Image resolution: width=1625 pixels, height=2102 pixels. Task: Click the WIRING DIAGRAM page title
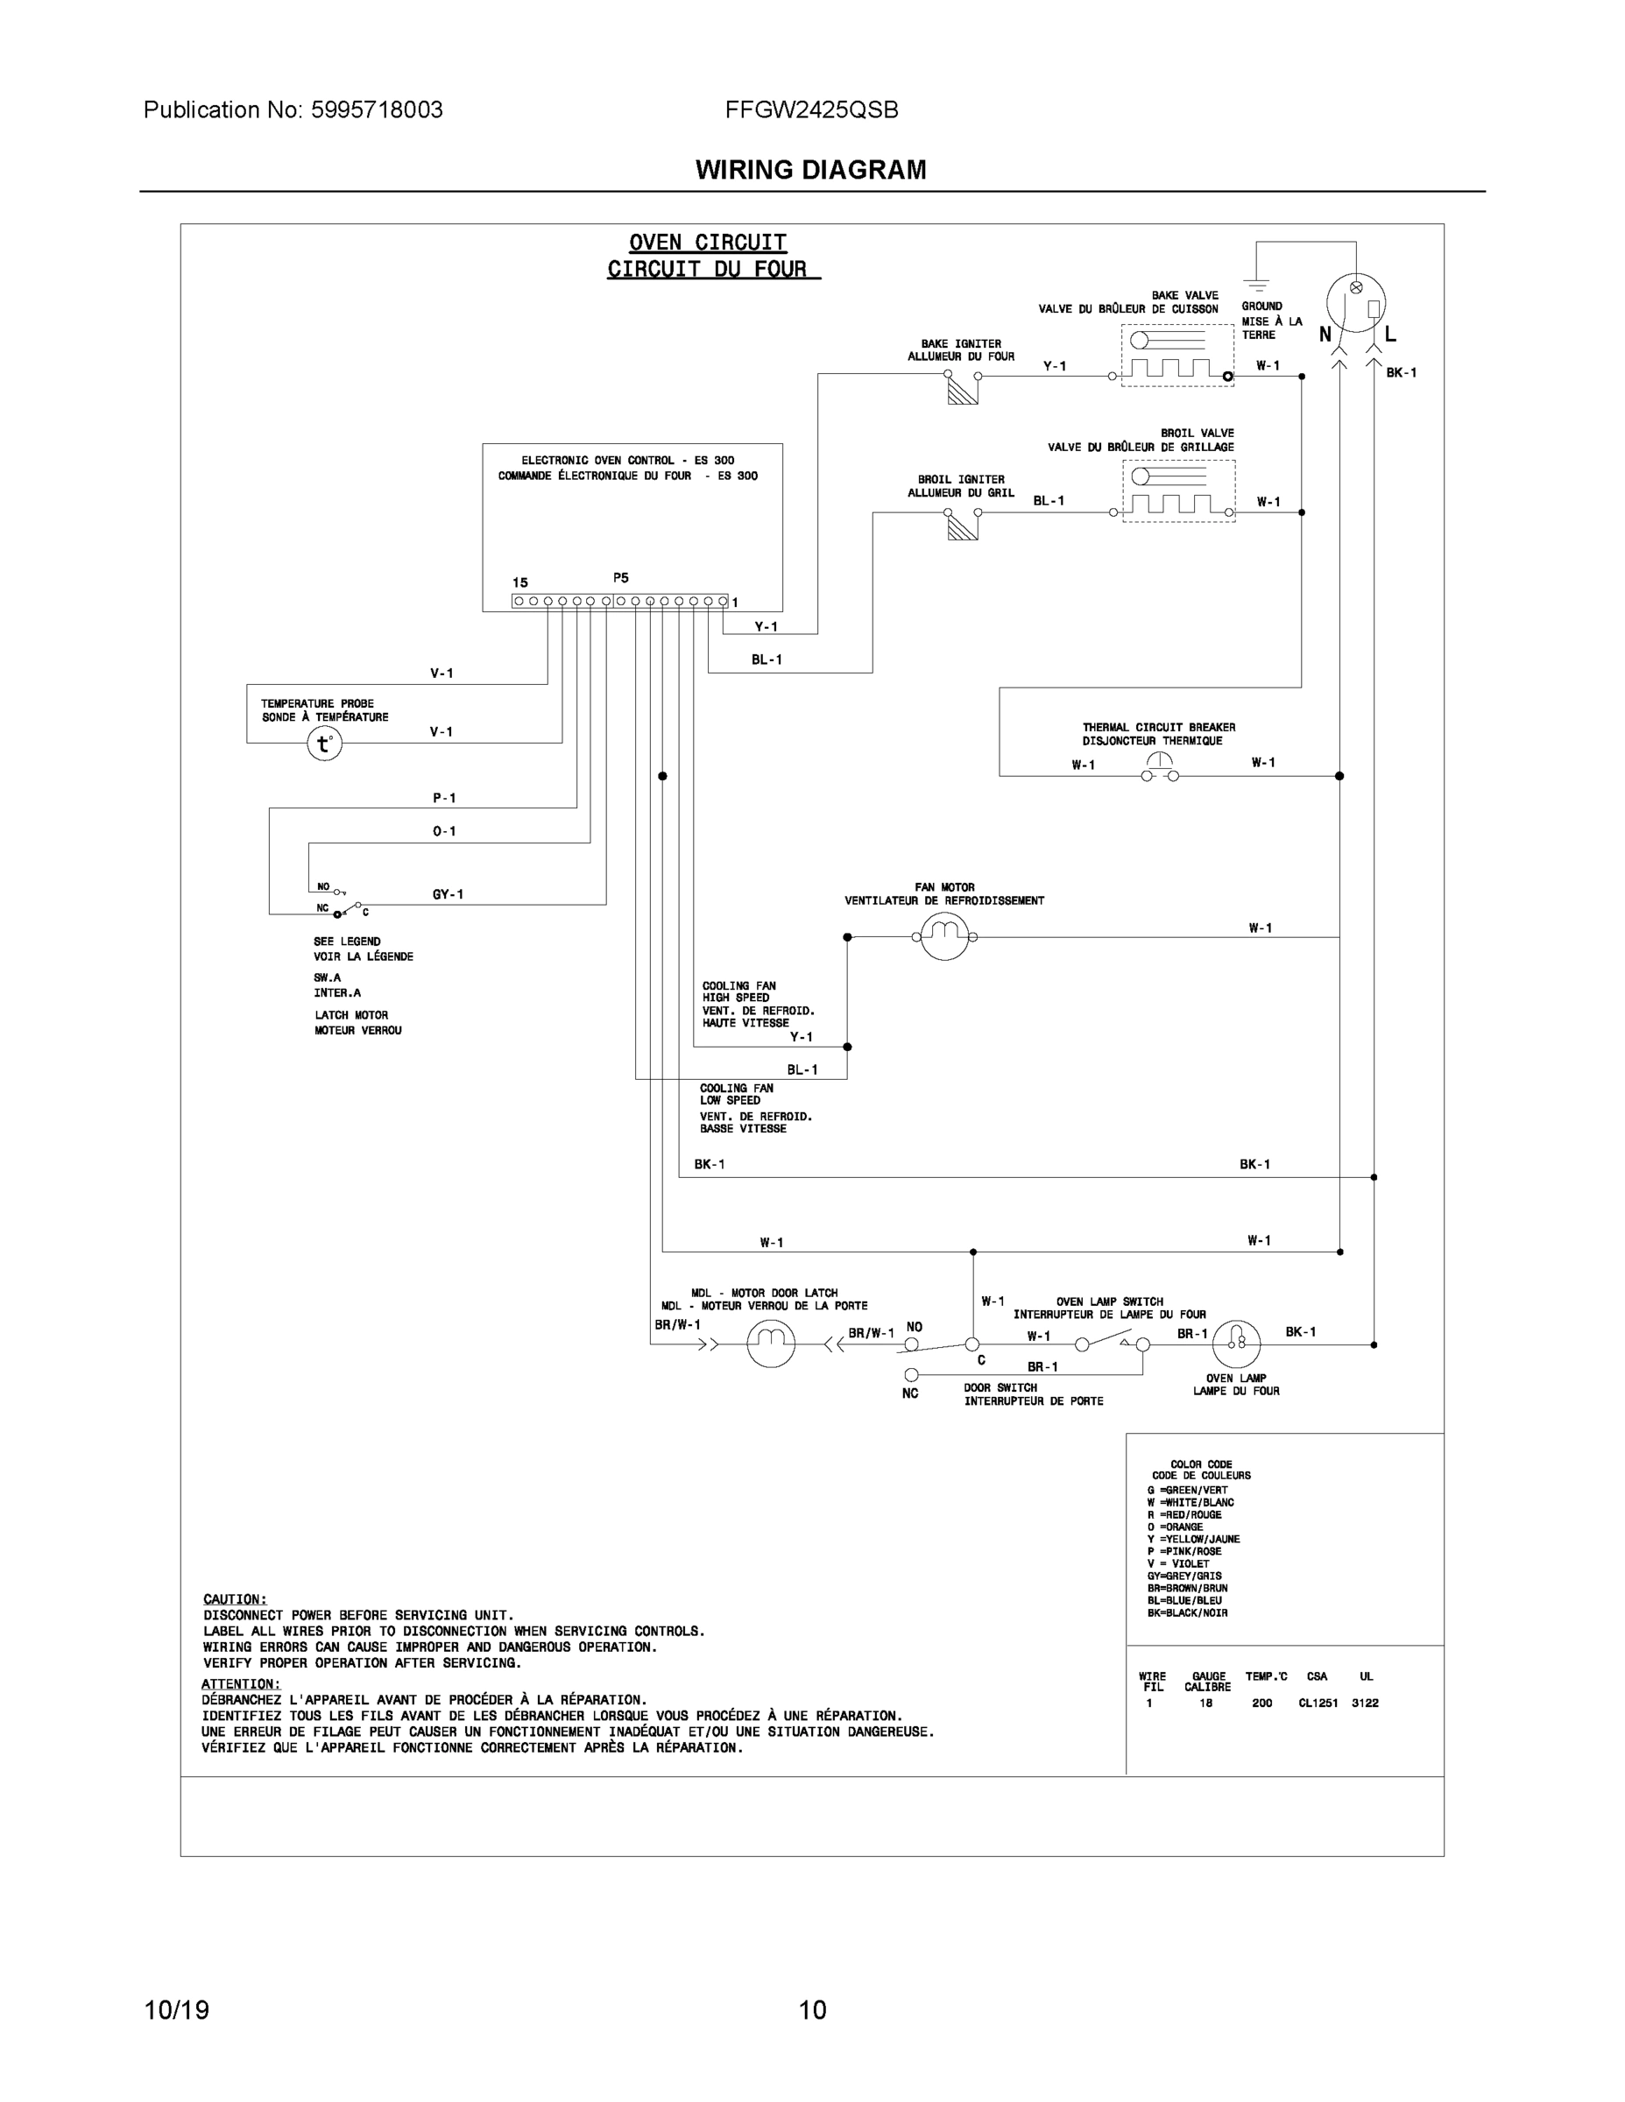pos(810,171)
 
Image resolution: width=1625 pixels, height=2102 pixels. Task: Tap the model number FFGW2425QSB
pos(811,109)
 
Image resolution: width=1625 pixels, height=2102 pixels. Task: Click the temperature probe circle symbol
pos(324,744)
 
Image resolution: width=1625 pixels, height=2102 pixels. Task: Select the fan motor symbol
pos(944,935)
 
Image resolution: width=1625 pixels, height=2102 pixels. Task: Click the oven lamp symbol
pos(1236,1344)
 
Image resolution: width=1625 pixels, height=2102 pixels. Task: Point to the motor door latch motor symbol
pos(771,1344)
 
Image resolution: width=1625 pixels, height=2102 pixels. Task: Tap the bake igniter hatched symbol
pos(962,389)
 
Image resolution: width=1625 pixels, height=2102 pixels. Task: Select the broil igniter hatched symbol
pos(962,525)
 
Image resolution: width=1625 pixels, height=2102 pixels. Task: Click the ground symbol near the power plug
pos(1255,283)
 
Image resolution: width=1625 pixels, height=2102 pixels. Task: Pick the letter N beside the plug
pos(1325,335)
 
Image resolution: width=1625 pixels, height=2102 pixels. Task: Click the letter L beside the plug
pos(1390,335)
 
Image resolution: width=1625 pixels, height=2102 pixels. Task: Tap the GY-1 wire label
pos(448,894)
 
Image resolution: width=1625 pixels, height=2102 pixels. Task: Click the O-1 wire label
pos(444,830)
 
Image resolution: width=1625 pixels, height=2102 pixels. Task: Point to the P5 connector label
pos(621,578)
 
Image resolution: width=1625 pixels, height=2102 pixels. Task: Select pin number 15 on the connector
pos(519,582)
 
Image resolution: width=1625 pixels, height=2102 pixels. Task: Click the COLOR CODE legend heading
pos(1200,1464)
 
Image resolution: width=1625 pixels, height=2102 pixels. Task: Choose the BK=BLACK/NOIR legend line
pos(1187,1612)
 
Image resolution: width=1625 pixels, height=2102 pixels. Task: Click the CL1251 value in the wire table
pos(1317,1703)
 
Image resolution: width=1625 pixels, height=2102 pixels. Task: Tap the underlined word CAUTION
pos(235,1598)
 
